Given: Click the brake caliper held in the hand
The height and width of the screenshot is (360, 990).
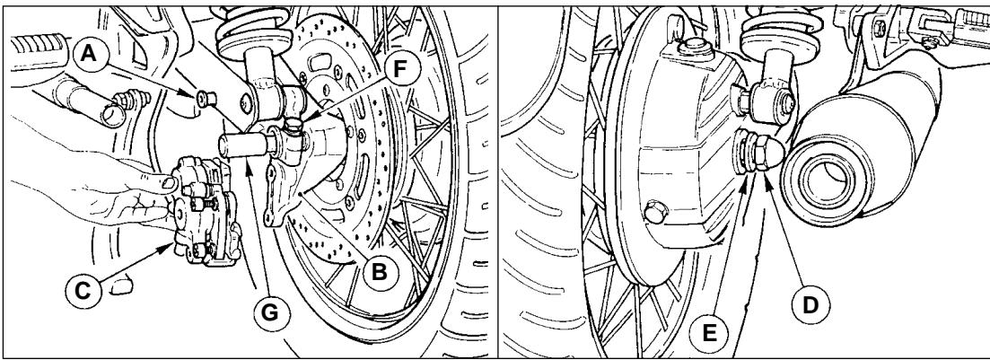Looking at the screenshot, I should point(205,211).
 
